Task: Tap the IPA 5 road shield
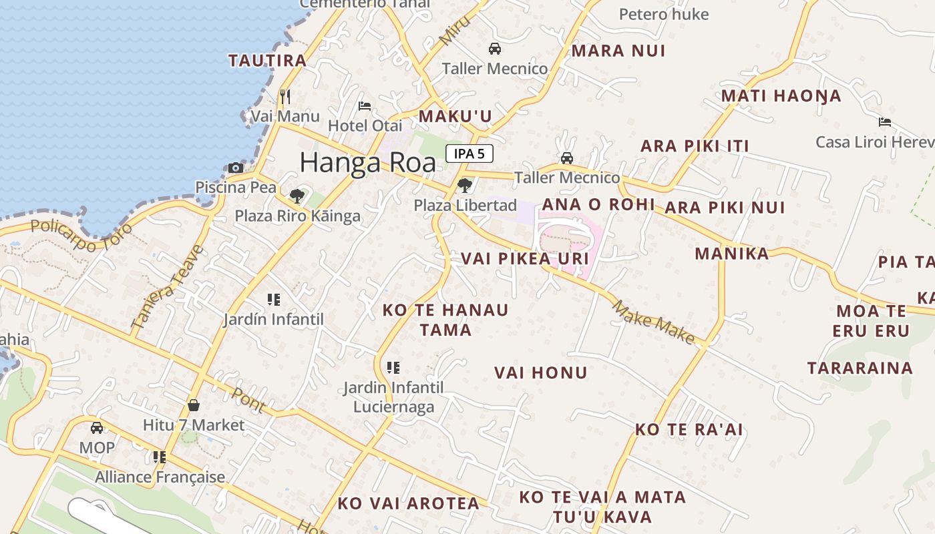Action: [470, 154]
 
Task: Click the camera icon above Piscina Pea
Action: [235, 168]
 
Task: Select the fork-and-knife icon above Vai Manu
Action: [285, 97]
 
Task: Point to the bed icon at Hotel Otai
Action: [365, 105]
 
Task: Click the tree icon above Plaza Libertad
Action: [465, 185]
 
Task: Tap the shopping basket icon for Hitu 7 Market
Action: [194, 405]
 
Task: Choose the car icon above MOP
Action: [97, 428]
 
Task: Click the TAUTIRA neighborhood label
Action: [267, 61]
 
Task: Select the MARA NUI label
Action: [618, 51]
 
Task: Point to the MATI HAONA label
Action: [781, 96]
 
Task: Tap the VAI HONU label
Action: [541, 373]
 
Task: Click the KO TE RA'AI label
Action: [689, 430]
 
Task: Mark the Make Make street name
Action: [654, 322]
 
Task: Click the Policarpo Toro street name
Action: [81, 234]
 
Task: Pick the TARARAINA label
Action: [860, 368]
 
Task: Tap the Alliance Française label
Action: [160, 477]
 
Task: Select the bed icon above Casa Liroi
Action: [885, 122]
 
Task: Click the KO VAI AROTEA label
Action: [408, 504]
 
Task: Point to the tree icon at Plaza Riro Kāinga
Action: [297, 196]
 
